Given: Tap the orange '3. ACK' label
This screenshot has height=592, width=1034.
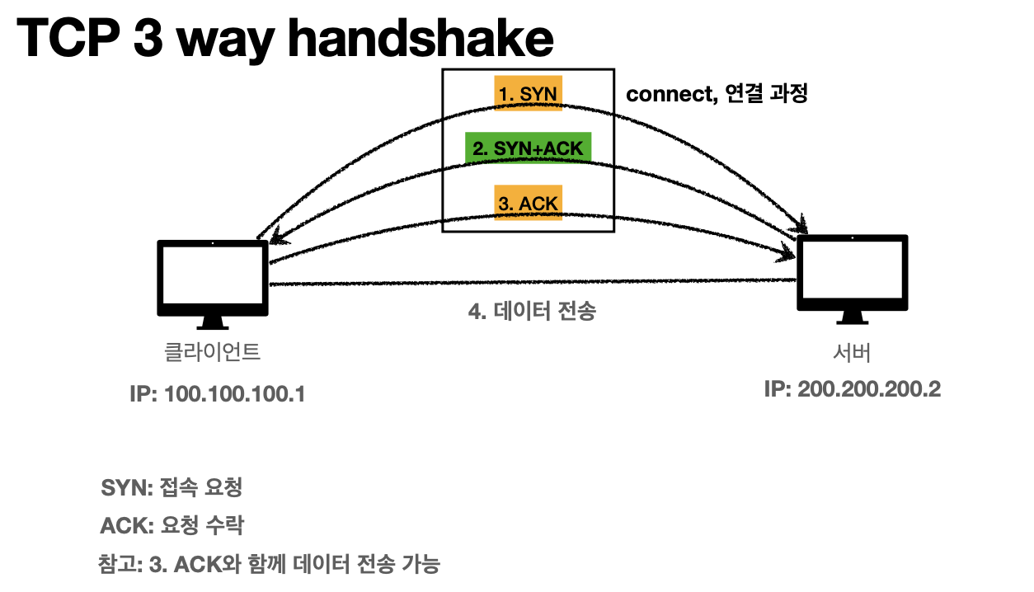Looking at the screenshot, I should click(528, 203).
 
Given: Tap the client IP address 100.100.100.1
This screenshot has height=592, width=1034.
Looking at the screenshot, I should click(218, 394).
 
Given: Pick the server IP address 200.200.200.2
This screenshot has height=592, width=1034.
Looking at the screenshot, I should click(853, 389).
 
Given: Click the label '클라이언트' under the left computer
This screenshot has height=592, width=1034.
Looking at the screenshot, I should click(213, 353).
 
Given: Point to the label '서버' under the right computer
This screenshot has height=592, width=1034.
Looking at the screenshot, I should click(852, 352).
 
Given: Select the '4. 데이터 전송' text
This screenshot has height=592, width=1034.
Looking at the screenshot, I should click(531, 312).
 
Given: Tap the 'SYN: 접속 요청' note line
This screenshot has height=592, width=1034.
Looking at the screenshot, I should click(172, 487).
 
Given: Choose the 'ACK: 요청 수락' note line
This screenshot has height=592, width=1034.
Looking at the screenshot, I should click(172, 526).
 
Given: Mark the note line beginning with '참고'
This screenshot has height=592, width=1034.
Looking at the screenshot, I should click(269, 565).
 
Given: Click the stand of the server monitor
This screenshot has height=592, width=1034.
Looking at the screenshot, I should click(852, 319).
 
